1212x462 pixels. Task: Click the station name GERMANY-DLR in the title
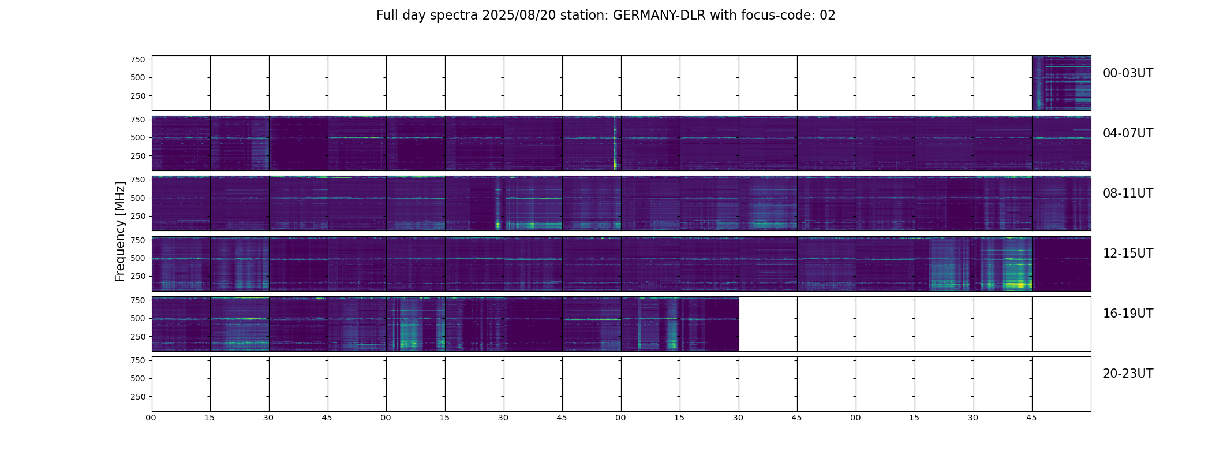coord(659,16)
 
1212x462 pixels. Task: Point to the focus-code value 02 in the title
coord(827,16)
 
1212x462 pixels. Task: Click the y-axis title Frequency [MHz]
coord(120,231)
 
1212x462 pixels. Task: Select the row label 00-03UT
coord(1128,73)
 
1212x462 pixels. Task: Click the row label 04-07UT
coord(1128,133)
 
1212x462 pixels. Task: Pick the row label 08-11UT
coord(1128,193)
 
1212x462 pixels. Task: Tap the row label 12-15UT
coord(1128,254)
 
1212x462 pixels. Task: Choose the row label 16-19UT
coord(1128,314)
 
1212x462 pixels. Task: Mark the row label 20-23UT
coord(1128,374)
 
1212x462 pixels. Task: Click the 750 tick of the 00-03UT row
coord(137,59)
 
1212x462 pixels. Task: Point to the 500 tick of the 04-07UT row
coord(137,138)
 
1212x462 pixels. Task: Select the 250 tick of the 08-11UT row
coord(137,216)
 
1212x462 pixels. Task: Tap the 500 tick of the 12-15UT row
coord(137,258)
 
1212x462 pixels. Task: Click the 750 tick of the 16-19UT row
coord(137,300)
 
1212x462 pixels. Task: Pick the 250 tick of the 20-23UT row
coord(137,397)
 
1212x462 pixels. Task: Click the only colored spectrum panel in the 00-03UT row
coord(1061,83)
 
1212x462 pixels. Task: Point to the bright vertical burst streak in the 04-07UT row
coord(615,144)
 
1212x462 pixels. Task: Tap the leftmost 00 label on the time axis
coord(151,418)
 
